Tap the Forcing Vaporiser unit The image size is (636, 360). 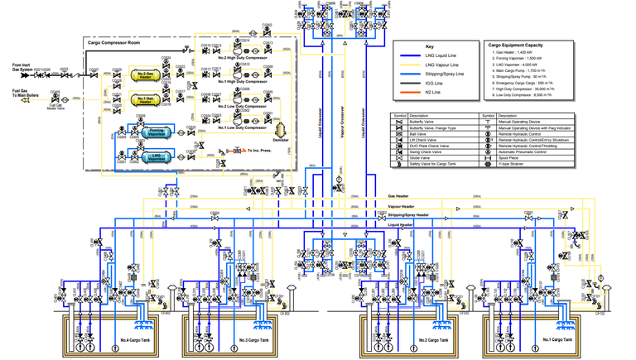[x=157, y=132]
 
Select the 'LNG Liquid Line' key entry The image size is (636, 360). [x=440, y=55]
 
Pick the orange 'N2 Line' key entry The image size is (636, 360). [x=433, y=92]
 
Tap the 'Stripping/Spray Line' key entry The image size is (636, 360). [x=444, y=74]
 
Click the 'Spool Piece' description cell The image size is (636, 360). [x=510, y=157]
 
